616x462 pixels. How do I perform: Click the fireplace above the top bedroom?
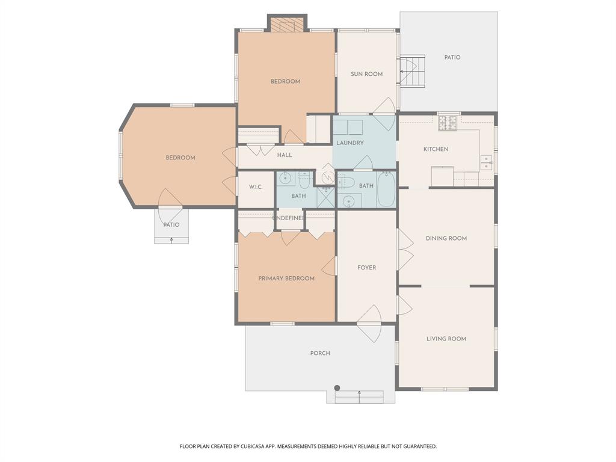[288, 25]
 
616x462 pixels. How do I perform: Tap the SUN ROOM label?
[367, 74]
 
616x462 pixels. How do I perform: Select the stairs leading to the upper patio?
[413, 71]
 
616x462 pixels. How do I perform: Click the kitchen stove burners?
[447, 123]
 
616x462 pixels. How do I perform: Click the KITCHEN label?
[436, 149]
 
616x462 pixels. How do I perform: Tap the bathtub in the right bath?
[386, 189]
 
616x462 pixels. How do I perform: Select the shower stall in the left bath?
[325, 197]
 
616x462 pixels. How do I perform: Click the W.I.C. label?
[256, 187]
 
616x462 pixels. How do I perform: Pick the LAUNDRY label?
[350, 143]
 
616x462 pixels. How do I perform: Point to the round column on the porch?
[337, 387]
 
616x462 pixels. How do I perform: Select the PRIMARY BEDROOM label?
[286, 279]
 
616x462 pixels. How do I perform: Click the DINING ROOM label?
[446, 238]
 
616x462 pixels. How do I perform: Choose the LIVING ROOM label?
[446, 339]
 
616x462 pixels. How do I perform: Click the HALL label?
[285, 155]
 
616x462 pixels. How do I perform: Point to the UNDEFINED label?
[288, 218]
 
